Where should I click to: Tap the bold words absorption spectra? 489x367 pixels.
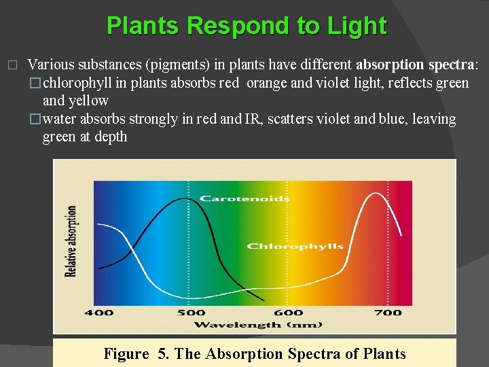point(416,65)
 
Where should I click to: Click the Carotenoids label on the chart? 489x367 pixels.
point(244,198)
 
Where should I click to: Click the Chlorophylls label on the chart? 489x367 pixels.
point(295,246)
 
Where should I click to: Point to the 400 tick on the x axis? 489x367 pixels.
point(99,313)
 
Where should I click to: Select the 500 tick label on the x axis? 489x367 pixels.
point(191,313)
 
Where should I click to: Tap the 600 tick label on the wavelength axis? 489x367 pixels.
point(289,313)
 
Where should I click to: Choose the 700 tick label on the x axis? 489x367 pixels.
point(388,313)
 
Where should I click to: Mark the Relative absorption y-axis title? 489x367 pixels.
point(71,241)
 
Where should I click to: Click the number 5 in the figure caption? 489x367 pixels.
point(162,353)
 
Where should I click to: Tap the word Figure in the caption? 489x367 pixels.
point(126,353)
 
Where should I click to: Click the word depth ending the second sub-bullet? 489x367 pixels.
point(111,137)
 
